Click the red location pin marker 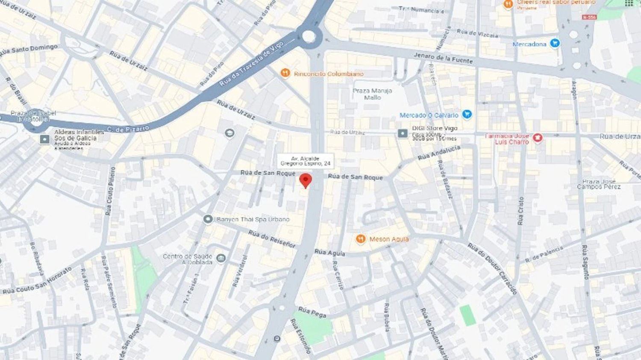click(305, 180)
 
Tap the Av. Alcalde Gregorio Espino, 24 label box click(305, 161)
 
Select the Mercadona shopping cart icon click(555, 43)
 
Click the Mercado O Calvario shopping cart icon click(467, 114)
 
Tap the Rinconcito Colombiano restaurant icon click(285, 73)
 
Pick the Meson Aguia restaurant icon click(361, 239)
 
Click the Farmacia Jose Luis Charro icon click(538, 138)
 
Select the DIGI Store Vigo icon click(403, 133)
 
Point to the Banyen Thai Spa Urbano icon click(208, 219)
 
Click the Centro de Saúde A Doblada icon click(221, 258)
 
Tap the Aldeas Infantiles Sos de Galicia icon click(45, 139)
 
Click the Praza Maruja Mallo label click(372, 94)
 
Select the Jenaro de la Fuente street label click(443, 58)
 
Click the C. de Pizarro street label click(128, 129)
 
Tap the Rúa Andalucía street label click(438, 152)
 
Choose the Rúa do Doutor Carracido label click(492, 269)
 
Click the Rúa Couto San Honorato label click(38, 281)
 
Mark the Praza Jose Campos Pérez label click(599, 184)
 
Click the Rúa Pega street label click(312, 312)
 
